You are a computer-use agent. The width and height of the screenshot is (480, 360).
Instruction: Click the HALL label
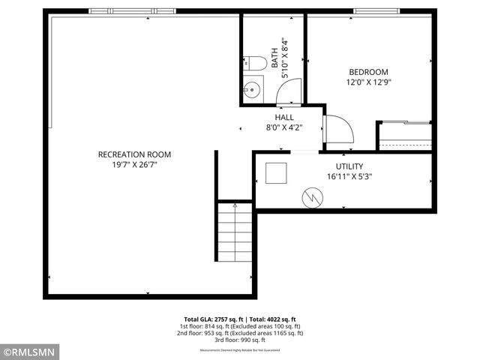point(284,118)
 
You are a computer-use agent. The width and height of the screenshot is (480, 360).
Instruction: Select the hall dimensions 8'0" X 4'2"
point(284,127)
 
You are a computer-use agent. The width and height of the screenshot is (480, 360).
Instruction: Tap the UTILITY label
point(349,166)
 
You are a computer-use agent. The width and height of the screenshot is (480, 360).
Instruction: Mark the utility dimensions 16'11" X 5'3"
point(349,177)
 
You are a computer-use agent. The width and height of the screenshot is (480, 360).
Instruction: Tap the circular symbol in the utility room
point(311,197)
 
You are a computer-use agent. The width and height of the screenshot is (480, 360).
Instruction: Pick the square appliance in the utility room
point(277,173)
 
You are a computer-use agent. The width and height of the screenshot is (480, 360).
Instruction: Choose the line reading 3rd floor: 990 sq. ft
point(240,340)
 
